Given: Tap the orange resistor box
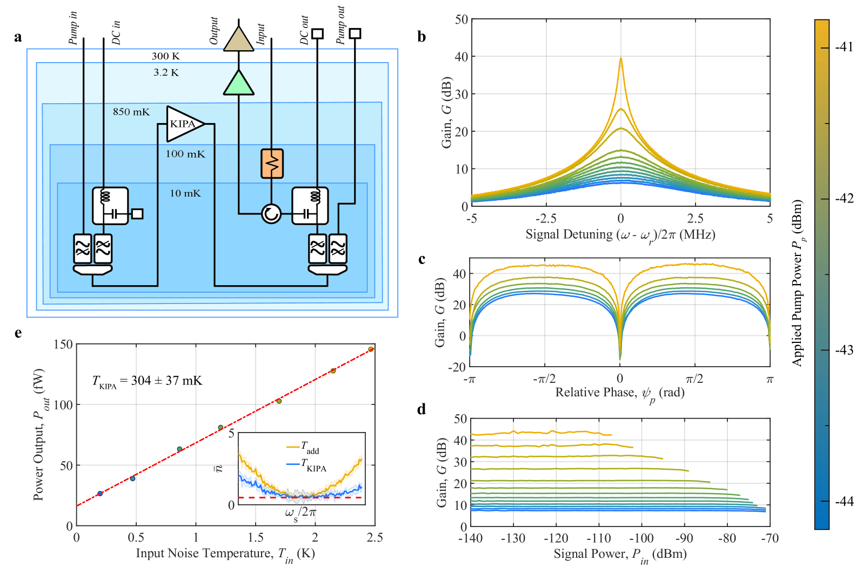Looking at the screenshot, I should point(272,163).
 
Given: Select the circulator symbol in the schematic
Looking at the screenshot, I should point(271,214).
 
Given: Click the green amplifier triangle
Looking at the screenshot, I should point(238,83).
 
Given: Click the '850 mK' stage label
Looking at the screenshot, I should point(131,112).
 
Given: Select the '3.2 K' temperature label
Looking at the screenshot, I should point(166,72).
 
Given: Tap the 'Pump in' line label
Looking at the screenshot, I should point(73,28).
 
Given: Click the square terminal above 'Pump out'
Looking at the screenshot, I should point(355,33).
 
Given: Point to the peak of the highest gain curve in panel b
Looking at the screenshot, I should point(620,59).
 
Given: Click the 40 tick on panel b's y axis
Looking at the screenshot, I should point(461,57).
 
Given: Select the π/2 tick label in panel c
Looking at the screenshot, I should point(694,379).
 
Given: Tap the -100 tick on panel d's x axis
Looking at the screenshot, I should point(641,538).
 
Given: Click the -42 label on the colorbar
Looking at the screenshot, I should point(844,199).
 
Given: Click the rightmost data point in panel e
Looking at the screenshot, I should point(371,349).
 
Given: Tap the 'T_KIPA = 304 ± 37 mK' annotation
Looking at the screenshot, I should point(147,381).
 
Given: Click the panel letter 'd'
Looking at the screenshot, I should point(422,409).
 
